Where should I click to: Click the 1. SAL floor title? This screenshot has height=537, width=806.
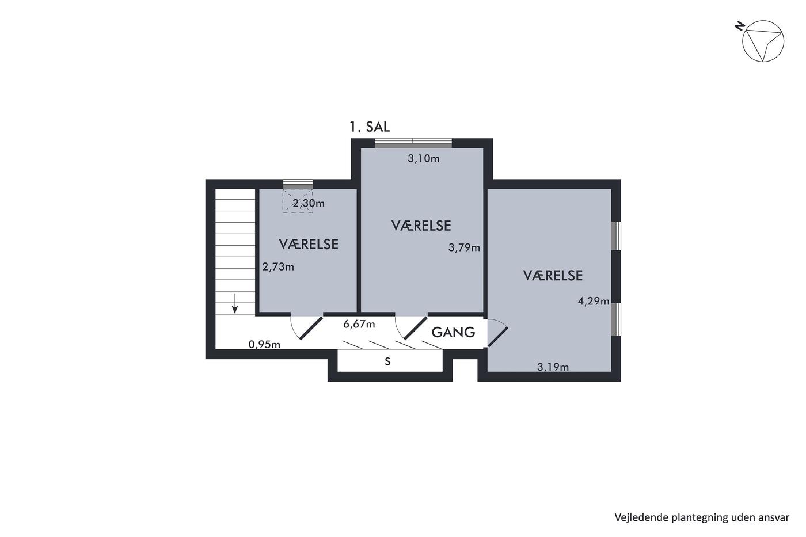(370, 127)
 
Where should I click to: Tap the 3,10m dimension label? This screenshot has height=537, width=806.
(424, 159)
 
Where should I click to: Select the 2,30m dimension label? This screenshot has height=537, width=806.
(309, 204)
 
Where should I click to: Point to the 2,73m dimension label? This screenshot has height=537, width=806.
(278, 267)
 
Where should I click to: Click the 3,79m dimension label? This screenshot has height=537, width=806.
(464, 248)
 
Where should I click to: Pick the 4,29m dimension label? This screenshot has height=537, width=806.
(594, 301)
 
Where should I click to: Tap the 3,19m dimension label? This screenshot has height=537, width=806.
(553, 367)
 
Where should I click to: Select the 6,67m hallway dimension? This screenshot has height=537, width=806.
(359, 325)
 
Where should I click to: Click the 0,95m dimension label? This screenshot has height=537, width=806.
(264, 345)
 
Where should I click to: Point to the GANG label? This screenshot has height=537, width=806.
(454, 332)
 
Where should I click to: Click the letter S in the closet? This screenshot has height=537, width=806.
(387, 361)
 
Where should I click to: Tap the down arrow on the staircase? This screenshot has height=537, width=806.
(235, 303)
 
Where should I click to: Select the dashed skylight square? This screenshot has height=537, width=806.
(298, 201)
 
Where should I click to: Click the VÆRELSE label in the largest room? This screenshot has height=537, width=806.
(553, 276)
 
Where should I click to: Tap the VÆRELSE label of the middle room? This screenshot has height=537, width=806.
(421, 226)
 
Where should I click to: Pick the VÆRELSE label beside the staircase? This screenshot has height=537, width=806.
(309, 245)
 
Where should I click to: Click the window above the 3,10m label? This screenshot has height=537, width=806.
(413, 143)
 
